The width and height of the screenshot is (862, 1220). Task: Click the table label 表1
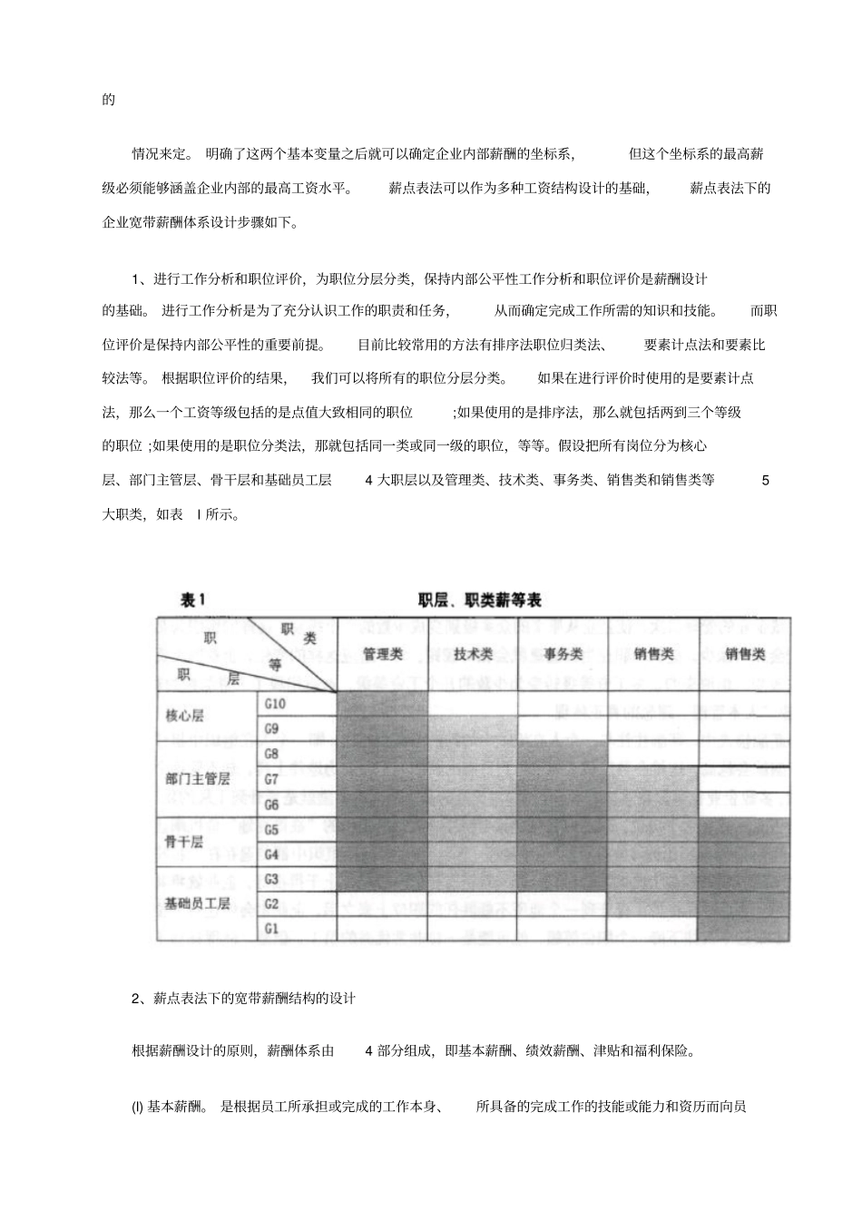(x=194, y=600)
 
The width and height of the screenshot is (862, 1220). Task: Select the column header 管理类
(x=382, y=653)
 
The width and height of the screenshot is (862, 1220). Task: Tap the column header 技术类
(x=473, y=653)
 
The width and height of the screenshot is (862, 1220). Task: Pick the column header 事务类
(x=563, y=653)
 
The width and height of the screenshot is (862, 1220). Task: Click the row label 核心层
(x=185, y=716)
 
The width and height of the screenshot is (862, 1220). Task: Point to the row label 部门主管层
(x=198, y=778)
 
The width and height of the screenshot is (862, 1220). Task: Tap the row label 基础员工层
(x=198, y=903)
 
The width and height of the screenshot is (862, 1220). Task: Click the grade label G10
(x=275, y=703)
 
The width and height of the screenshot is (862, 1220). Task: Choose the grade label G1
(x=271, y=928)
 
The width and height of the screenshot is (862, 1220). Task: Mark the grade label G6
(x=271, y=804)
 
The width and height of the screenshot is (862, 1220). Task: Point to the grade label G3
(x=271, y=878)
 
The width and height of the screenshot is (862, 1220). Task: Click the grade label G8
(x=271, y=754)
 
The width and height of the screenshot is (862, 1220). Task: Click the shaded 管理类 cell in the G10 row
(x=382, y=703)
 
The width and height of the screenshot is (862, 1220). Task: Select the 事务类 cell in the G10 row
(x=563, y=703)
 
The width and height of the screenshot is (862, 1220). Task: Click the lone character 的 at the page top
(x=109, y=100)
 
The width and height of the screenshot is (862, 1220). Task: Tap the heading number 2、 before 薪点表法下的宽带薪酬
(x=139, y=999)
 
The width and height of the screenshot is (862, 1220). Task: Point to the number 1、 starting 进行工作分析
(x=139, y=278)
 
